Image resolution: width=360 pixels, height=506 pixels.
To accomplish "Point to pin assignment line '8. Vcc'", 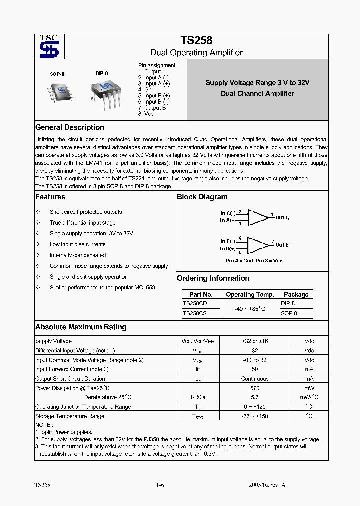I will [x=146, y=114].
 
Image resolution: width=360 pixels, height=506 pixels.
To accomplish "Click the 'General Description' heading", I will [x=70, y=127].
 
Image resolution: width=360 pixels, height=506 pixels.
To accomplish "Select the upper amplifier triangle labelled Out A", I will [x=257, y=217].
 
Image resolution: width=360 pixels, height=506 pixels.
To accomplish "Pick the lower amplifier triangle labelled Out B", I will [x=257, y=245].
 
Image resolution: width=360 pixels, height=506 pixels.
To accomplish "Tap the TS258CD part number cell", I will [x=195, y=303].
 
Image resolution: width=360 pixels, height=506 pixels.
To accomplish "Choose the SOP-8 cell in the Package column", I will [x=289, y=313].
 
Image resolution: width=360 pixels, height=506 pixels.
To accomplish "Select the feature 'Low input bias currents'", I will [x=77, y=244].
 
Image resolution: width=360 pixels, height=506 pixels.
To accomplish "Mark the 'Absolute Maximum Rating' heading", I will [x=81, y=327].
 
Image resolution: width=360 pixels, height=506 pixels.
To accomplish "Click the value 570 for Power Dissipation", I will [x=254, y=388].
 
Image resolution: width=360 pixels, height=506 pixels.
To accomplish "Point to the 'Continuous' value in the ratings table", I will [x=254, y=379].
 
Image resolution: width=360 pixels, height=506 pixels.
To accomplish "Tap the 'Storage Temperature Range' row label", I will [x=70, y=416].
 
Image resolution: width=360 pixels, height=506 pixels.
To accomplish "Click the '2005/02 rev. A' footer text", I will [x=267, y=485].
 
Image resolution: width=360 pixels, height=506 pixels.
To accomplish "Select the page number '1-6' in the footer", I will [x=160, y=485].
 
